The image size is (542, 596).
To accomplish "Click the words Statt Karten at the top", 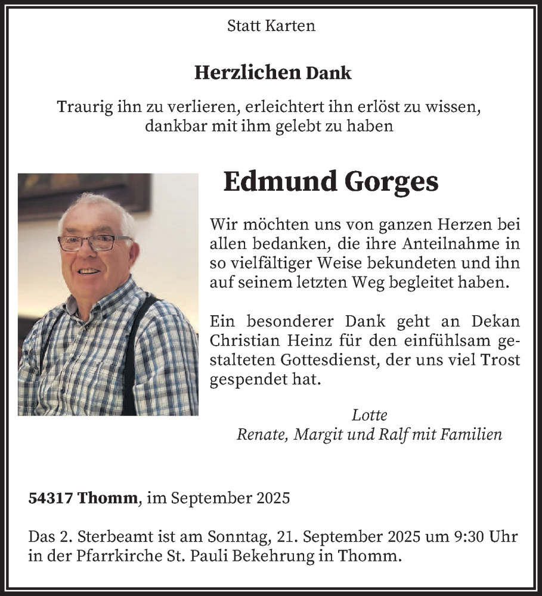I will point(271,26).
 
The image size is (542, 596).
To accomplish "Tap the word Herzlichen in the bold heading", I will point(247,73).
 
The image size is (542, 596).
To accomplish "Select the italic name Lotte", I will point(369,415).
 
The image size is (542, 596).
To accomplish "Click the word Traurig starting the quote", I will point(82,107).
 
